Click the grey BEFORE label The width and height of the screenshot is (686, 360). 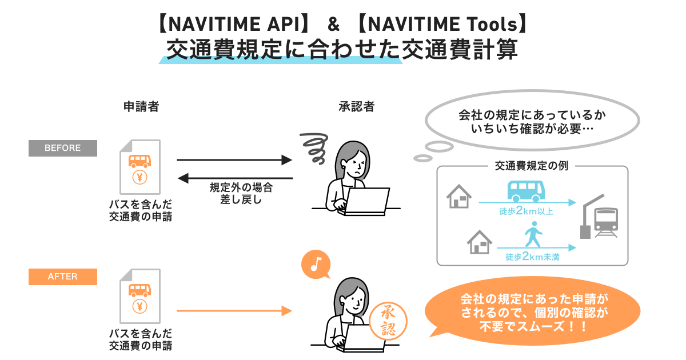[63, 148]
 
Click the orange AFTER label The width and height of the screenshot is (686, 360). [63, 277]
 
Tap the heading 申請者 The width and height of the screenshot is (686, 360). [141, 106]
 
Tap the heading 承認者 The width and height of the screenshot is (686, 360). [356, 106]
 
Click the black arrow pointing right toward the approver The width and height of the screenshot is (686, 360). [234, 161]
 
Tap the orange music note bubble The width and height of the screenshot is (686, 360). [316, 264]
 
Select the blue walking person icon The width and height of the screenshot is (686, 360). [533, 237]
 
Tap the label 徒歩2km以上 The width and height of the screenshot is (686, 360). [526, 211]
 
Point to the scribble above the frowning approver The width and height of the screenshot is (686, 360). [314, 144]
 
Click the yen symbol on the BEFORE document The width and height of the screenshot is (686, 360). [140, 177]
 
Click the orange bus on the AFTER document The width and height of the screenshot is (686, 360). [140, 289]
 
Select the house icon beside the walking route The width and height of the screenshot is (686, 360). [480, 242]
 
